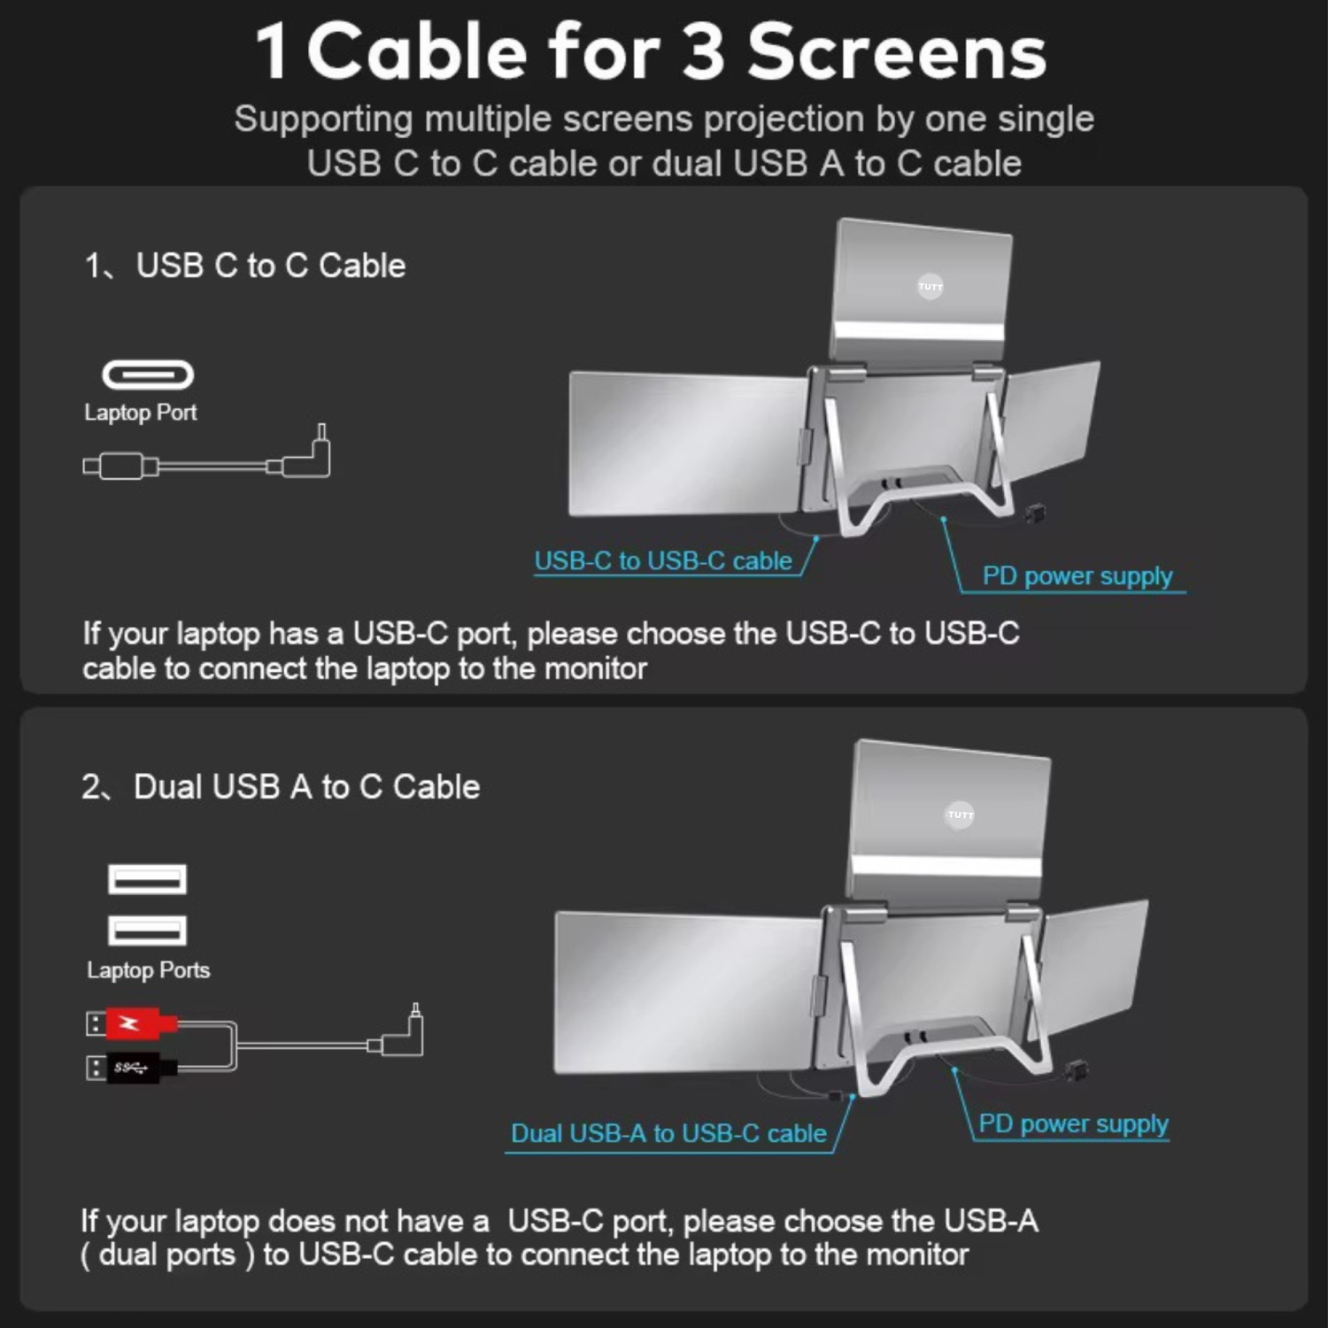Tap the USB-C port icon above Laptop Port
click(148, 374)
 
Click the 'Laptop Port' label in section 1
click(140, 413)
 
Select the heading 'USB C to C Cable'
click(270, 266)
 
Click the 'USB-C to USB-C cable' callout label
click(662, 560)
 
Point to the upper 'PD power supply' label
click(1077, 575)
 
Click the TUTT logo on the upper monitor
click(930, 286)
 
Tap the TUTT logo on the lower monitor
click(960, 815)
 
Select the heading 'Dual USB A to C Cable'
click(305, 787)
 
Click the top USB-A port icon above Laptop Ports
click(147, 879)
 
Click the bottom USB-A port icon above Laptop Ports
click(147, 930)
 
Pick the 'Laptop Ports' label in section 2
click(148, 970)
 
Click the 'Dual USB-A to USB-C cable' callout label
click(668, 1133)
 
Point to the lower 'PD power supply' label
click(1073, 1123)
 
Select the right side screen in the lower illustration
click(1093, 965)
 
